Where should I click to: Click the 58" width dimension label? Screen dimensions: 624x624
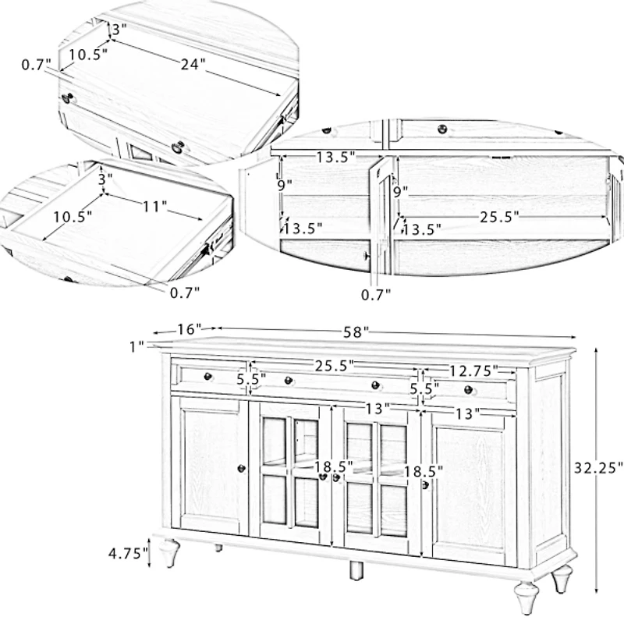pyautogui.click(x=355, y=332)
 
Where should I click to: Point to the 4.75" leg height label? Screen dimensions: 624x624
pyautogui.click(x=128, y=554)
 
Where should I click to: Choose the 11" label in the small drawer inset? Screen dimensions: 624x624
pyautogui.click(x=154, y=207)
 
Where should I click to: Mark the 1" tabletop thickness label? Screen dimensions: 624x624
pyautogui.click(x=137, y=346)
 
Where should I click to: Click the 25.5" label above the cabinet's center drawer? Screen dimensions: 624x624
pyautogui.click(x=335, y=364)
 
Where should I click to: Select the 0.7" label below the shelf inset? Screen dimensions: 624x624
pyautogui.click(x=376, y=293)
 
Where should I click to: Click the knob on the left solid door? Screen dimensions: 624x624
pyautogui.click(x=241, y=468)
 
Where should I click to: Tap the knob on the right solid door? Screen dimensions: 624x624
pyautogui.click(x=426, y=485)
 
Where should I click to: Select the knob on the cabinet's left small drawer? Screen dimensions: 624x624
pyautogui.click(x=207, y=377)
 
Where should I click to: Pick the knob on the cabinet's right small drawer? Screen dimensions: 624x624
pyautogui.click(x=468, y=389)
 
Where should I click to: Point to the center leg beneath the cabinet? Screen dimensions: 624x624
pyautogui.click(x=356, y=569)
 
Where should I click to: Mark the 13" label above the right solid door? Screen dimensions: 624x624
pyautogui.click(x=466, y=415)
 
